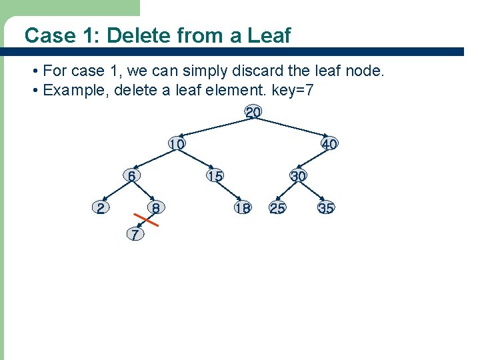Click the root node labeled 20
[x=253, y=113]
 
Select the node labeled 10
[x=177, y=144]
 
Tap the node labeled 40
[x=329, y=144]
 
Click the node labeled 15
[x=215, y=176]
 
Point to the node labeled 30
[x=298, y=176]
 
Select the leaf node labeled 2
[x=100, y=208]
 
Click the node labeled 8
[x=155, y=208]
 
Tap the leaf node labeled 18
[x=243, y=208]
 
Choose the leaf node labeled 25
[x=277, y=208]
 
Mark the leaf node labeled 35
[x=326, y=208]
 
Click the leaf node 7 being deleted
[x=135, y=235]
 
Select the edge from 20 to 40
[x=291, y=129]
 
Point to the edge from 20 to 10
[x=215, y=129]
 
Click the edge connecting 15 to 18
[x=229, y=192]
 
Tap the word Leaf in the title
[x=270, y=35]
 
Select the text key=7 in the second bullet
[x=287, y=90]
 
